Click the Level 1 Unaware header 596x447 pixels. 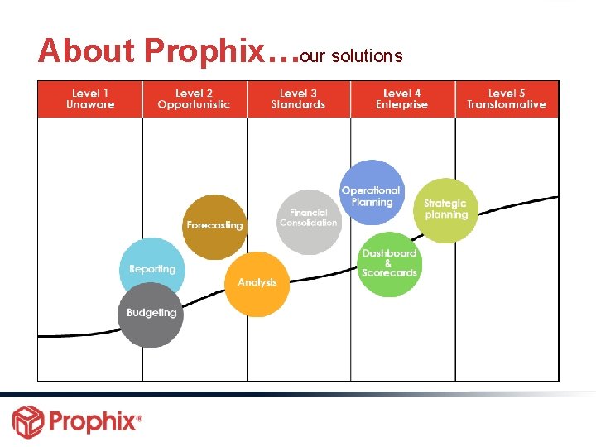(89, 99)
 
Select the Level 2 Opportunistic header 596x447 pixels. (195, 99)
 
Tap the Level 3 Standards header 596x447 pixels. (298, 99)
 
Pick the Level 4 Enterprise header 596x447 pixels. (402, 99)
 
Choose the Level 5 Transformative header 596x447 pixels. (506, 99)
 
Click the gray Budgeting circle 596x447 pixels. (151, 314)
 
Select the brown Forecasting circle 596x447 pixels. (214, 226)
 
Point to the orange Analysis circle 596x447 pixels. (257, 283)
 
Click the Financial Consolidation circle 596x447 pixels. (308, 220)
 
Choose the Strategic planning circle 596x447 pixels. (445, 210)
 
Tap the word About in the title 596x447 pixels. (86, 51)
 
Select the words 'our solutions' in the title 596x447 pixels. (351, 56)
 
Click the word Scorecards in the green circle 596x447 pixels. (389, 273)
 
